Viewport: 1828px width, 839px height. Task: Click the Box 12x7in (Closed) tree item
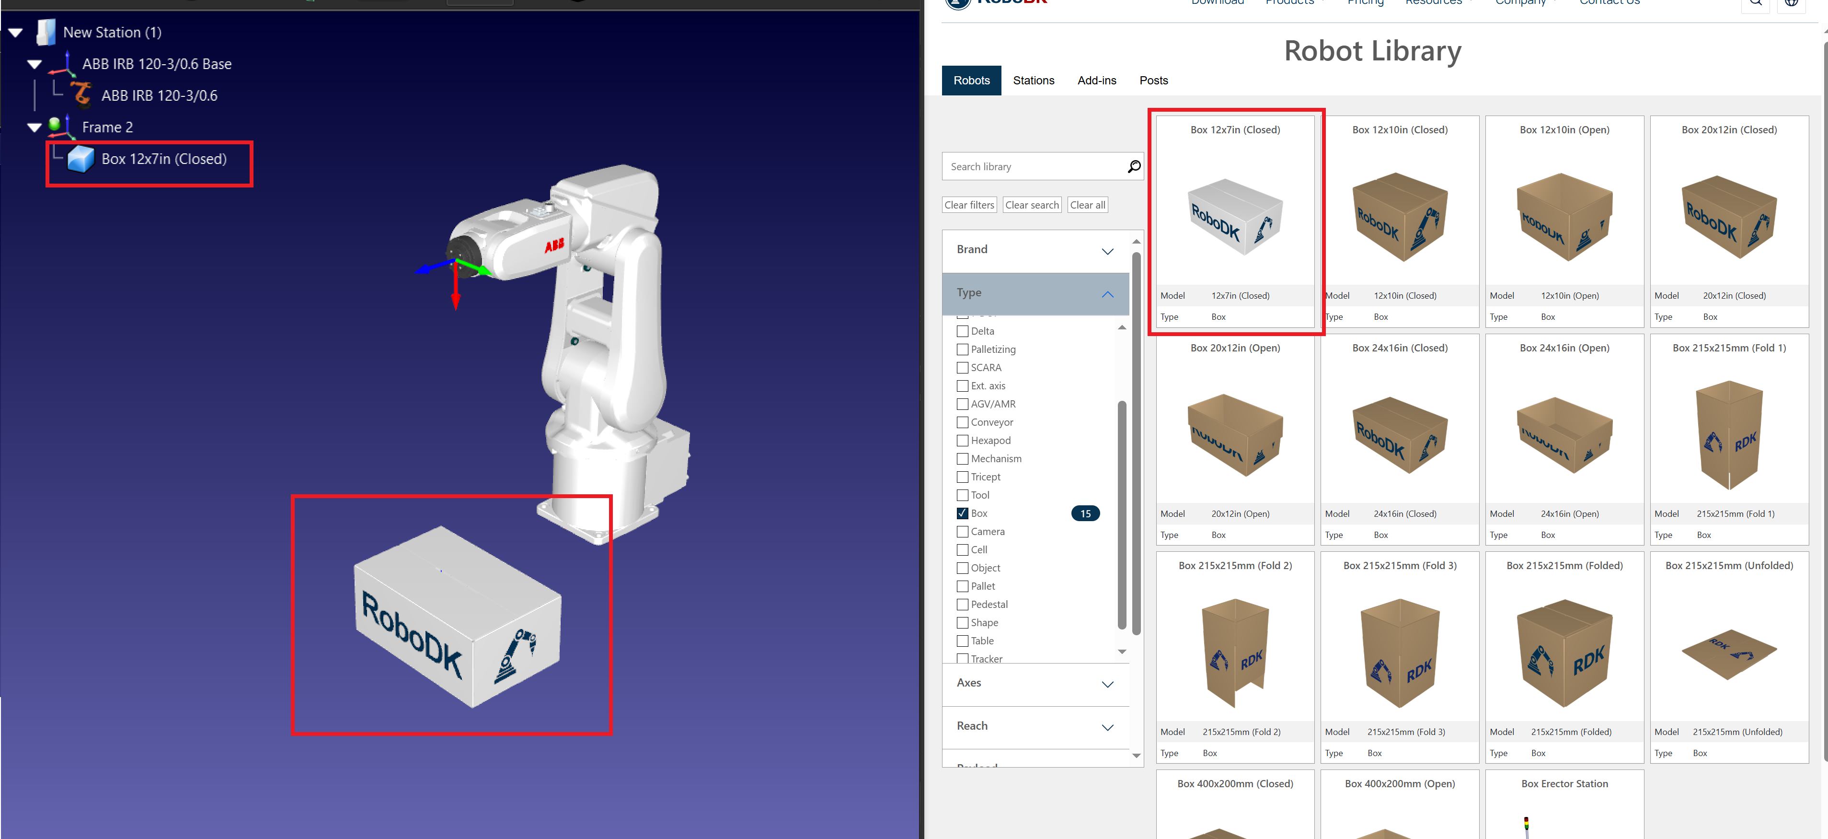tap(163, 159)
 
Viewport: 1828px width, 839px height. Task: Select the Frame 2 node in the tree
tap(107, 127)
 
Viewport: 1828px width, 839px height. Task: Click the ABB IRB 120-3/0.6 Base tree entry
tap(156, 64)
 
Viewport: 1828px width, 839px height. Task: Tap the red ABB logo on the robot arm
tap(554, 245)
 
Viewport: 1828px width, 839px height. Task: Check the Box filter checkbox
tap(962, 513)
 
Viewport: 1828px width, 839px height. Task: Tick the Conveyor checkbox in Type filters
tap(962, 422)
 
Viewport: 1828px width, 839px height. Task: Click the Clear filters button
tap(969, 205)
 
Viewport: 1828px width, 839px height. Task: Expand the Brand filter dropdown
tap(1035, 250)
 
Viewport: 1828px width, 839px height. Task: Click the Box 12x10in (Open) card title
tap(1564, 130)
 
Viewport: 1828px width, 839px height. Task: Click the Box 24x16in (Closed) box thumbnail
tap(1399, 435)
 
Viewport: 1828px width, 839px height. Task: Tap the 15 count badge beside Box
tap(1085, 513)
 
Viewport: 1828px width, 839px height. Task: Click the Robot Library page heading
tap(1372, 51)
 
